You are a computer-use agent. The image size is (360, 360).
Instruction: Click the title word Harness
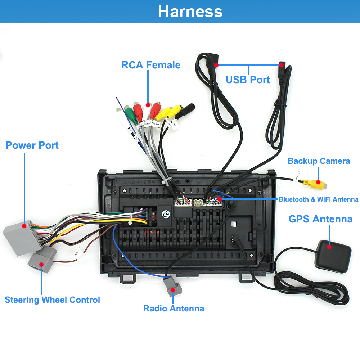point(190,12)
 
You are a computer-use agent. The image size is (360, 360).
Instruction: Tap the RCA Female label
point(151,65)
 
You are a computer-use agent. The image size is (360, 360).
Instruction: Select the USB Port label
point(248,80)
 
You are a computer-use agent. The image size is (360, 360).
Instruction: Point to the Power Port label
point(32,145)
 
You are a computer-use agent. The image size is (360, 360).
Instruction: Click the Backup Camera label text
point(319,161)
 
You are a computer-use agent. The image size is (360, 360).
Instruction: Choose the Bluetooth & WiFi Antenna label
point(318,199)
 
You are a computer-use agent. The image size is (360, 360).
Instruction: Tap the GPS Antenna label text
point(320,219)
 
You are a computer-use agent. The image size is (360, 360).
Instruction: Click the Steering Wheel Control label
point(52,300)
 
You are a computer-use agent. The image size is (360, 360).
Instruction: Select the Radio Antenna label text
point(174,309)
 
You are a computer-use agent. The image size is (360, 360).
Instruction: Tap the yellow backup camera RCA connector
point(312,183)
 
